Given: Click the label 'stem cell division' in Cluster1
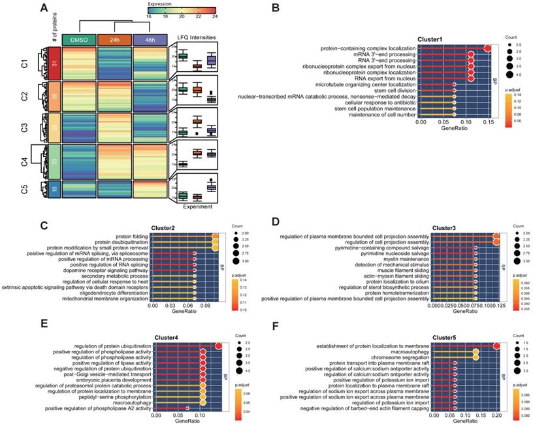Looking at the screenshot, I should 383,91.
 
